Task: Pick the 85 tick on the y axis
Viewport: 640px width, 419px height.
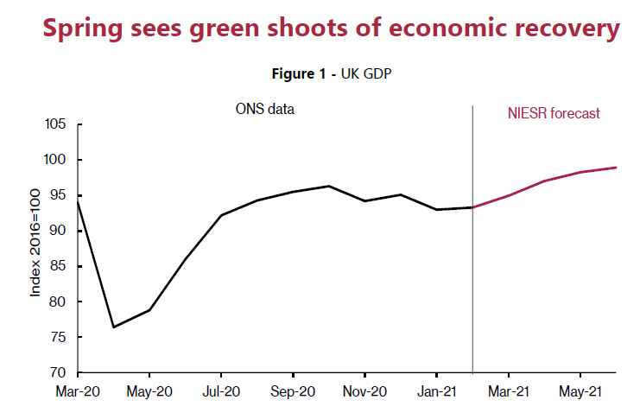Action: point(58,267)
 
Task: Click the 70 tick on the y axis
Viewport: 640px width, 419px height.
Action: point(58,373)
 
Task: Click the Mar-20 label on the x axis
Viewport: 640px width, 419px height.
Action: point(79,391)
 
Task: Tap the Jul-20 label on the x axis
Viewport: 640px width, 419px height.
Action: point(221,391)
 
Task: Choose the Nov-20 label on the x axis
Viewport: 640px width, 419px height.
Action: point(364,391)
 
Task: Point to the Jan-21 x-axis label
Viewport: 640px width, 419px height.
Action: point(436,391)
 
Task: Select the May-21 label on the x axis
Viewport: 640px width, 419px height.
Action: point(580,391)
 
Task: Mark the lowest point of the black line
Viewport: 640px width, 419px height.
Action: point(114,327)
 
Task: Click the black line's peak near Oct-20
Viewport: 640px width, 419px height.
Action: point(329,186)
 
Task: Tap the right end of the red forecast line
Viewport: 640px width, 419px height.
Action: point(616,168)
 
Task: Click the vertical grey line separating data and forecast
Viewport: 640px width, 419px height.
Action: point(472,259)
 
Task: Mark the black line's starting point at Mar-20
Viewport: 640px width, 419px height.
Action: point(79,200)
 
